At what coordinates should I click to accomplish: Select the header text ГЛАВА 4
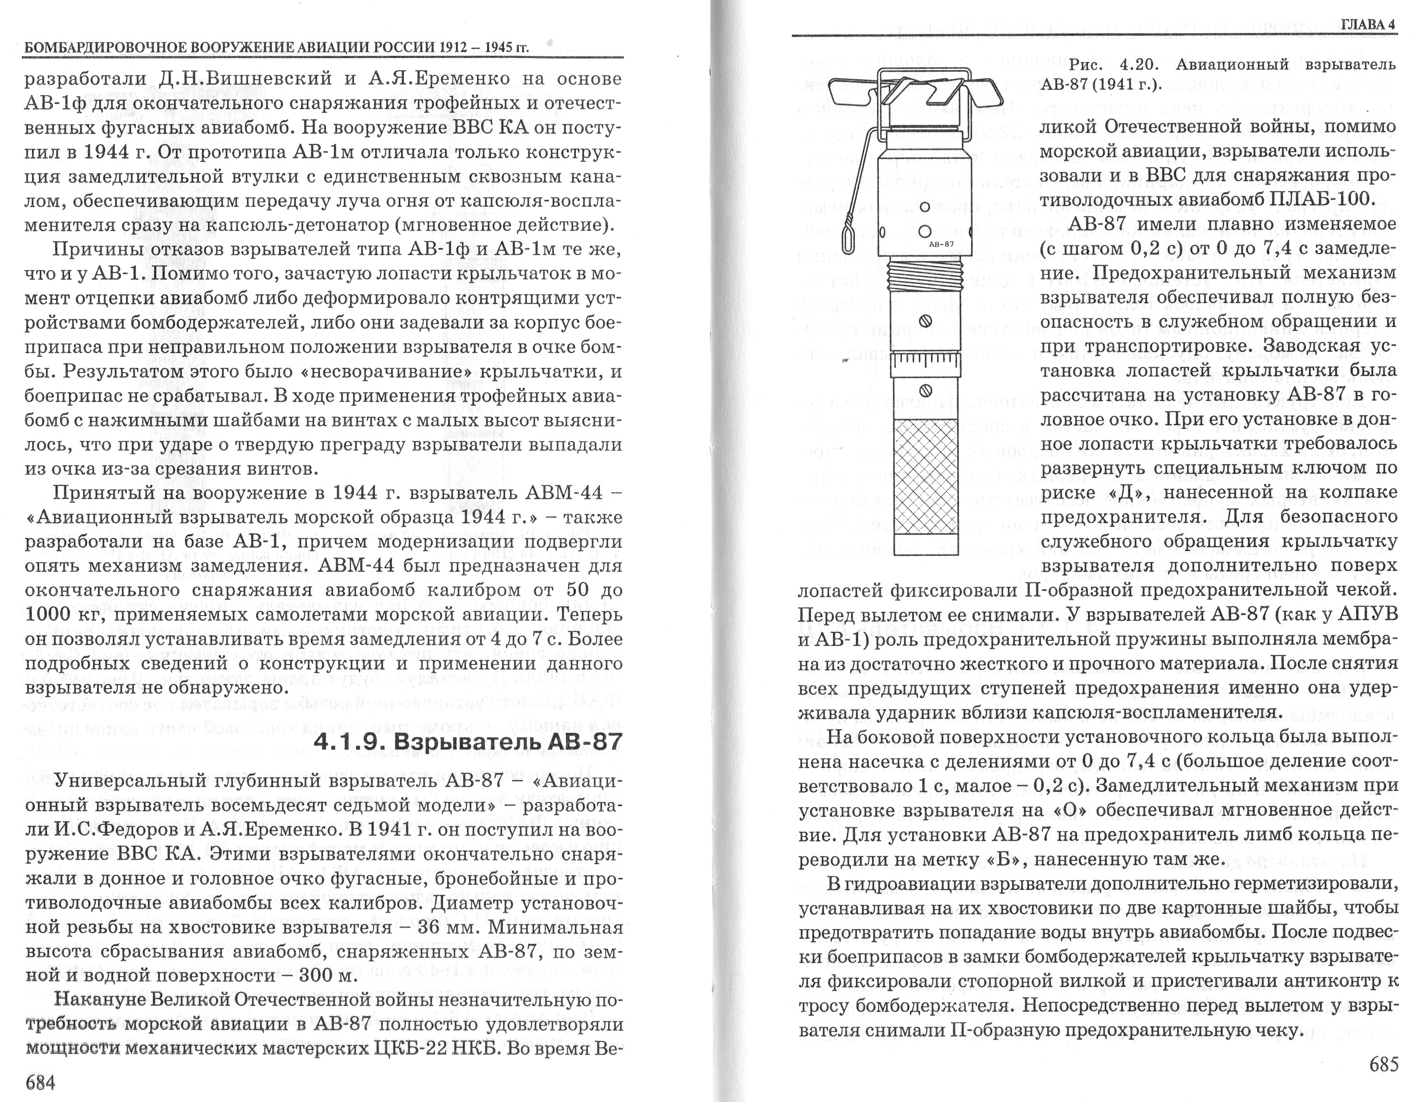(1368, 24)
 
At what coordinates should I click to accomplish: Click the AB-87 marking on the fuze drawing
(941, 244)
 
